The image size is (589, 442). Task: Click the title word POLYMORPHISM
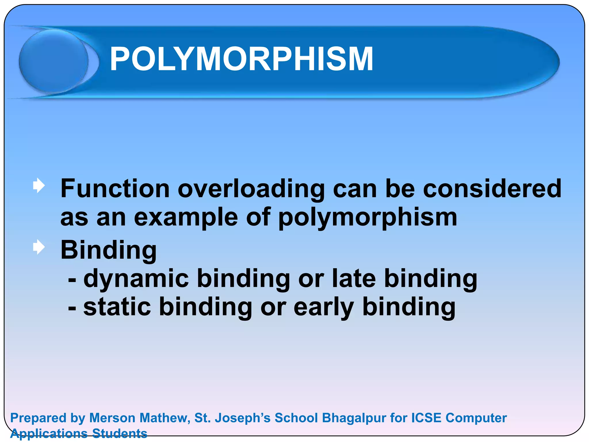click(x=241, y=59)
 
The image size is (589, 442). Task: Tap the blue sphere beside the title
click(x=54, y=61)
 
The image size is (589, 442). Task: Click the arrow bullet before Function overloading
click(x=39, y=186)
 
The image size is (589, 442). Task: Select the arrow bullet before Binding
click(x=39, y=247)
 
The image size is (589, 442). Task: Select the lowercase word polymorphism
click(x=368, y=218)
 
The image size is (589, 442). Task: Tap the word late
click(x=353, y=278)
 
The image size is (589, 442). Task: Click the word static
click(x=117, y=307)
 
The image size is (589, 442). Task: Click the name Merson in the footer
click(x=112, y=418)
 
